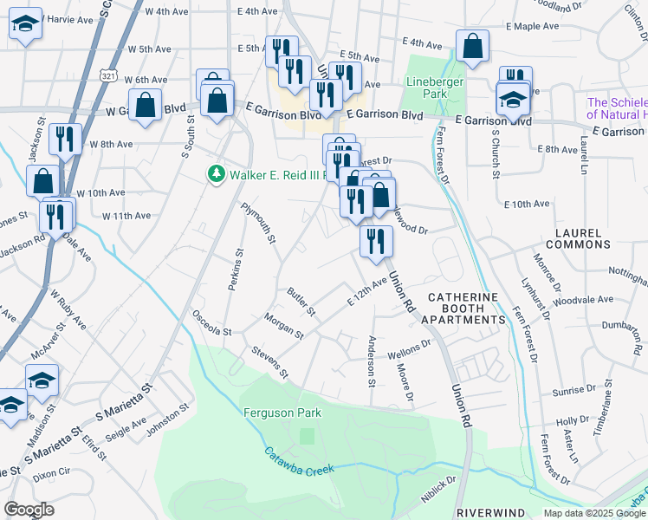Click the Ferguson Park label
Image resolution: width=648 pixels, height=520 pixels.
tap(282, 413)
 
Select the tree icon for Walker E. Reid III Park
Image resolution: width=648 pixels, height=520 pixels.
tap(217, 174)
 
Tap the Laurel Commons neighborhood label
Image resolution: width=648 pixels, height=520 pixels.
tap(599, 242)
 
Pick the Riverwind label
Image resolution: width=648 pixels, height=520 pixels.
tap(485, 511)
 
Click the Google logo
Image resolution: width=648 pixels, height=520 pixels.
tap(29, 509)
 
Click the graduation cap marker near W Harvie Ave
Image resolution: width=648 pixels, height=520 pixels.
tap(26, 23)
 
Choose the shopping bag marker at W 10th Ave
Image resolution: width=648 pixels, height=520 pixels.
tap(42, 181)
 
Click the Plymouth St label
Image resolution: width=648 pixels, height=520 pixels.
tap(258, 223)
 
